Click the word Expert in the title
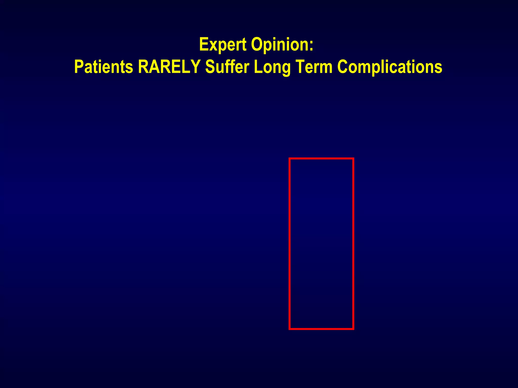click(223, 45)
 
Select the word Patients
click(104, 67)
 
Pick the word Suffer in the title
click(227, 67)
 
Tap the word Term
click(314, 67)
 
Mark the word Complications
click(390, 67)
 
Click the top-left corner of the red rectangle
click(290, 159)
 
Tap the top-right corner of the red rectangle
click(353, 159)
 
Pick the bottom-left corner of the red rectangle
click(290, 329)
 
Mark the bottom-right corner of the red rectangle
click(353, 329)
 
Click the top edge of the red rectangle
click(321, 159)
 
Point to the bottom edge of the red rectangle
click(321, 329)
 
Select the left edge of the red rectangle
click(290, 244)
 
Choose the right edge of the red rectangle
click(353, 244)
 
